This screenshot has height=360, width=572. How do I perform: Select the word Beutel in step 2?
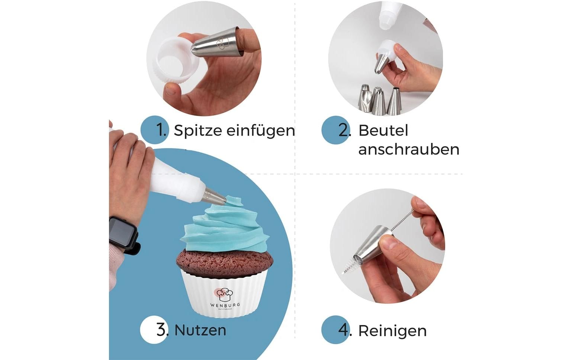pyautogui.click(x=383, y=131)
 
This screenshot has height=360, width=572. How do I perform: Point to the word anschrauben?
pyautogui.click(x=408, y=150)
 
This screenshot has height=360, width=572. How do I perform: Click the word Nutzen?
pyautogui.click(x=200, y=330)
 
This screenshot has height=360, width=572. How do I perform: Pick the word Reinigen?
pyautogui.click(x=392, y=331)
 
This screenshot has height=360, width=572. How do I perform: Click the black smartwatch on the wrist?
pyautogui.click(x=123, y=234)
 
